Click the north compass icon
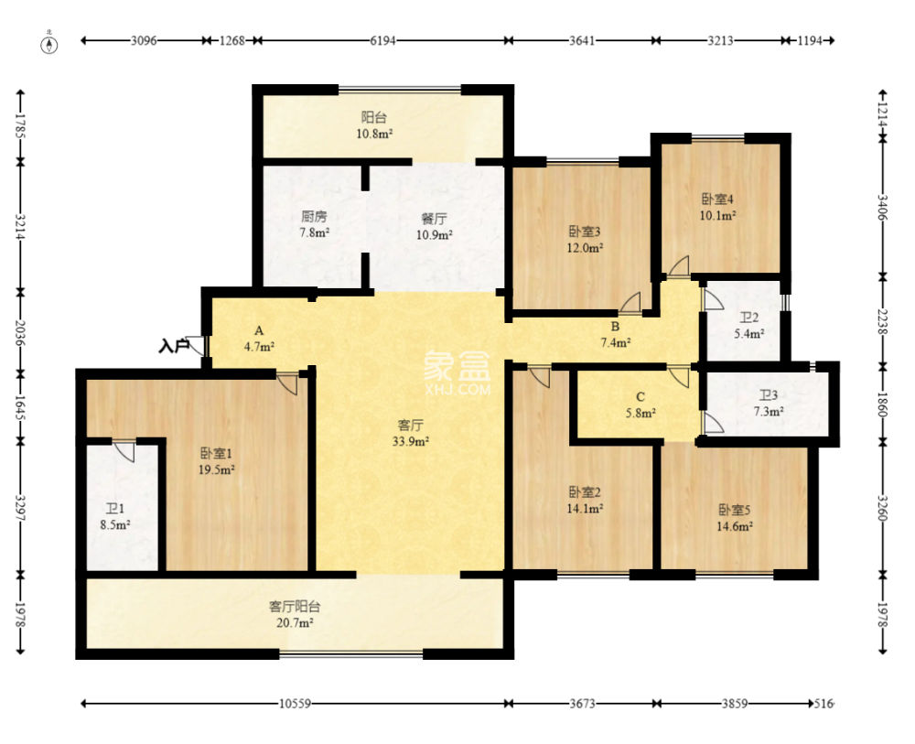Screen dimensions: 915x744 tap(50, 44)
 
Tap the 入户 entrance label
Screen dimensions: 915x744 tap(173, 347)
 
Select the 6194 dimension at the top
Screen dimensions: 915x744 tap(382, 40)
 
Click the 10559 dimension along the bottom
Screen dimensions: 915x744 tap(295, 704)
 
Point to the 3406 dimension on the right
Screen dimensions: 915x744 tap(882, 207)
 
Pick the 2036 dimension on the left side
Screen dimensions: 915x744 tap(20, 332)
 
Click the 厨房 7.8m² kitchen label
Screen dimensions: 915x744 tap(314, 224)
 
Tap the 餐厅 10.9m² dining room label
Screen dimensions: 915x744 tap(434, 227)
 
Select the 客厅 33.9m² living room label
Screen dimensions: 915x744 tap(411, 433)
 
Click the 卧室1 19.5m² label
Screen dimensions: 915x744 tap(217, 461)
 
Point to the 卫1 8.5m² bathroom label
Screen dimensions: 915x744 tap(115, 516)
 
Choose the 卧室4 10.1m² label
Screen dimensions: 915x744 tap(717, 207)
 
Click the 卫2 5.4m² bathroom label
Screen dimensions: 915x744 tap(749, 326)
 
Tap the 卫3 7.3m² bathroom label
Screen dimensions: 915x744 tap(768, 404)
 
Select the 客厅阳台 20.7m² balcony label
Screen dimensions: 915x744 tap(295, 614)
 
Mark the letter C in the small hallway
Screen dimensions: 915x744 tap(640, 397)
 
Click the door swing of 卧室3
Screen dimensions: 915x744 tap(630, 301)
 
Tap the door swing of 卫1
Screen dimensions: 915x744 tap(124, 451)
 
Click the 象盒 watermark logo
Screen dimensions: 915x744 tap(457, 373)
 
